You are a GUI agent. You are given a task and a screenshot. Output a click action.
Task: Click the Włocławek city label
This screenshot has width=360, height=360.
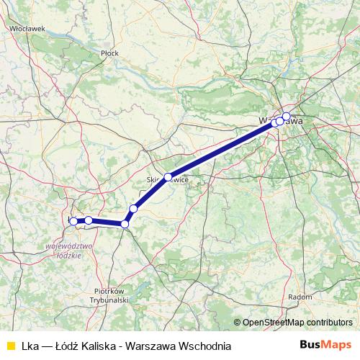(28, 28)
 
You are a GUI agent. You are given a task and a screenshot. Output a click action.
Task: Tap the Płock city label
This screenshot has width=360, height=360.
(109, 53)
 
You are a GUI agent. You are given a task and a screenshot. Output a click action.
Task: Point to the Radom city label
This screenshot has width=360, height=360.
(300, 296)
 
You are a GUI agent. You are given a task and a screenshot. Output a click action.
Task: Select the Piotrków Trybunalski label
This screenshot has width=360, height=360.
(110, 295)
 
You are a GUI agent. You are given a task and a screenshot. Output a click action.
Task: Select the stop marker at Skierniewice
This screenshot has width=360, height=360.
(168, 176)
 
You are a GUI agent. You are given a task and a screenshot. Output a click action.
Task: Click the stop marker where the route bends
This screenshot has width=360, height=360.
(125, 224)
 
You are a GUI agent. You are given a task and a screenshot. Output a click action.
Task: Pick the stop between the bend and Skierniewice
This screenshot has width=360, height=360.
(133, 208)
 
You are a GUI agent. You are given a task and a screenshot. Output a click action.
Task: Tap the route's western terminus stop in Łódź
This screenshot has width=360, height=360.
(73, 221)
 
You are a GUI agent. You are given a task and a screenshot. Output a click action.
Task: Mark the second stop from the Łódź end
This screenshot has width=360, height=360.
(88, 220)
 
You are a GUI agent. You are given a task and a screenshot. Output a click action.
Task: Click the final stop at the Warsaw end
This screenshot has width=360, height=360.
(286, 116)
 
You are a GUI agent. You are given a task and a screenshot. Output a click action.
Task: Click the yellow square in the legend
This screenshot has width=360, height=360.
(10, 345)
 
